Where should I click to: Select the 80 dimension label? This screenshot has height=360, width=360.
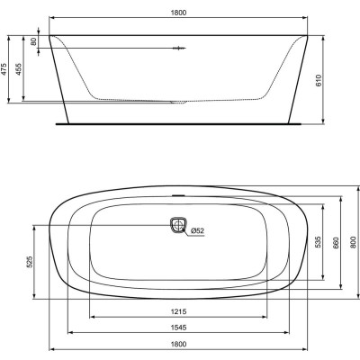tap(34, 41)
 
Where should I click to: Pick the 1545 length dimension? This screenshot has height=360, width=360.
tap(180, 329)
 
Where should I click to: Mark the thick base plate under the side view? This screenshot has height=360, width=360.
tap(180, 118)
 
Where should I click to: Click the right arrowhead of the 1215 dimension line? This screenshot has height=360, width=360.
tap(267, 319)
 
